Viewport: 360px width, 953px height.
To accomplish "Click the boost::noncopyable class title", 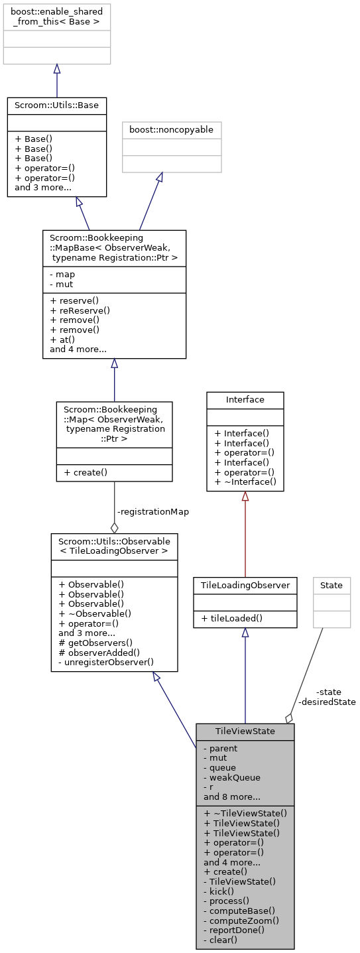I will tap(172, 130).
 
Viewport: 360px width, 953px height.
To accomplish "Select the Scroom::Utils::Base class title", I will tap(56, 105).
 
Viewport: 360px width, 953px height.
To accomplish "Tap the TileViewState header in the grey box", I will tap(245, 731).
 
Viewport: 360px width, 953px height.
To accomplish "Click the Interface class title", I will tap(245, 399).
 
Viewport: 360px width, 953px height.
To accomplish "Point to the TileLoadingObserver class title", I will tap(245, 585).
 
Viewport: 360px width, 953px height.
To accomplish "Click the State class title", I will tap(331, 585).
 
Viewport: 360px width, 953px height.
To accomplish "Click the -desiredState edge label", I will tap(327, 701).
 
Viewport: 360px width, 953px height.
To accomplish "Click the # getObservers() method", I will tap(95, 642).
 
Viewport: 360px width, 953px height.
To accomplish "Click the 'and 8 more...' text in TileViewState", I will tap(231, 796).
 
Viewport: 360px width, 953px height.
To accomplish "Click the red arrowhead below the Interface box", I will tap(245, 496).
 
